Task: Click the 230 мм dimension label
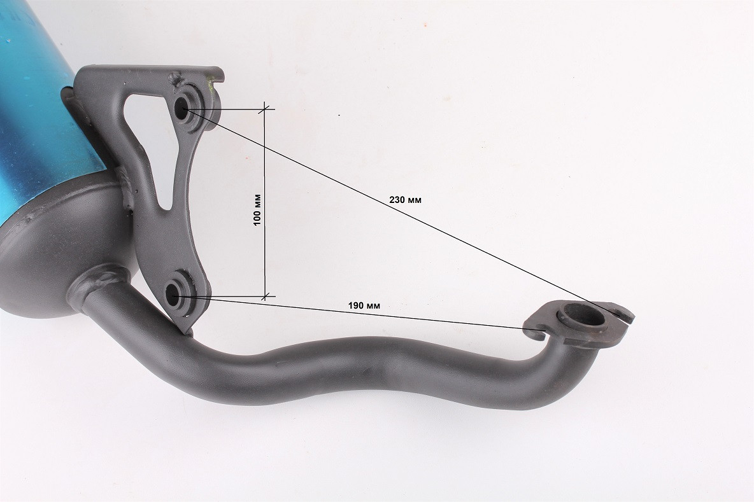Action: click(405, 199)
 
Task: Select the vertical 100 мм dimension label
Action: click(258, 210)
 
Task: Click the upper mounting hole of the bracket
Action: click(181, 109)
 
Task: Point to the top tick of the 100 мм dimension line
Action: click(264, 109)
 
